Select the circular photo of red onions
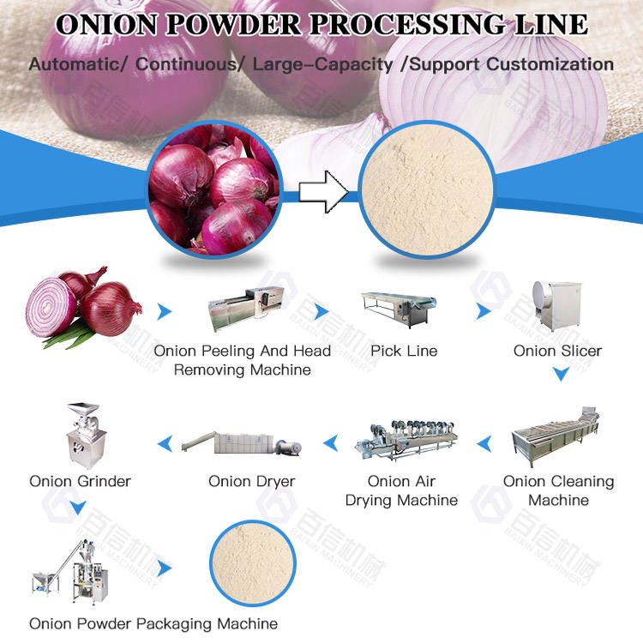(x=212, y=190)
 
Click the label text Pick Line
(x=404, y=351)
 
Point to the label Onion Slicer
(x=557, y=351)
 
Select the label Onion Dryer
(x=252, y=481)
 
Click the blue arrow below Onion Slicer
(x=559, y=374)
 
